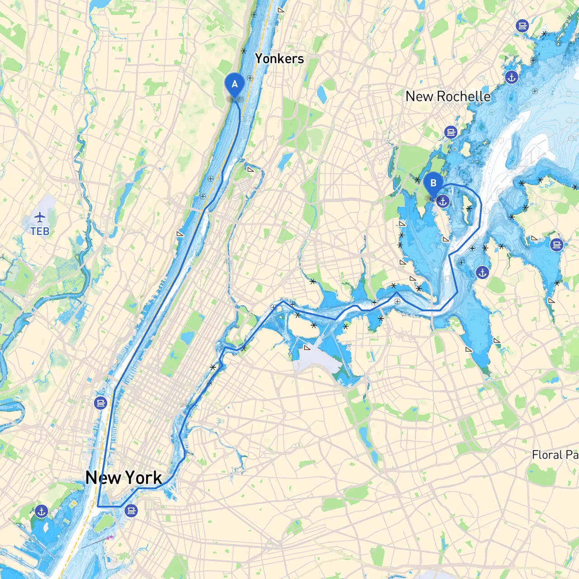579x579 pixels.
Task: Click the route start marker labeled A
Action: tap(234, 85)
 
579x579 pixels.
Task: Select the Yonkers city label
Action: tap(279, 58)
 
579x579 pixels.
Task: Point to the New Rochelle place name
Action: tap(448, 96)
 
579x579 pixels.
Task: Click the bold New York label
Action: tap(123, 478)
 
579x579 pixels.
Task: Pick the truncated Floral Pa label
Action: tap(555, 455)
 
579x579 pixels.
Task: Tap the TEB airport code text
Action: tap(40, 231)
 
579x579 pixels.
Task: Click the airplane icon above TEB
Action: tap(40, 218)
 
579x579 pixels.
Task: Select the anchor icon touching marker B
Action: tap(443, 201)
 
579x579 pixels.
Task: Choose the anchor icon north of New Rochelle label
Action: tap(512, 77)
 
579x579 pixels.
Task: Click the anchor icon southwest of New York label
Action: tap(41, 512)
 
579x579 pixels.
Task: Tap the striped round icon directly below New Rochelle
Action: tap(451, 132)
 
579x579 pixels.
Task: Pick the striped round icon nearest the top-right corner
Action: tap(522, 26)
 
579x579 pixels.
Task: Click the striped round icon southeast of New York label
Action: tap(132, 511)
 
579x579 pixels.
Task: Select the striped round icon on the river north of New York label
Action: tap(101, 403)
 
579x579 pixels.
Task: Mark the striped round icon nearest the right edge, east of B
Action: tap(557, 245)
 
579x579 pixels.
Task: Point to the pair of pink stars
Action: tap(110, 537)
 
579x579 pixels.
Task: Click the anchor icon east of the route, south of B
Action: tap(483, 273)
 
